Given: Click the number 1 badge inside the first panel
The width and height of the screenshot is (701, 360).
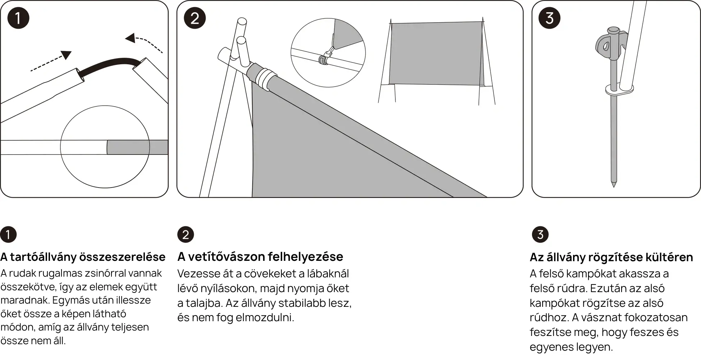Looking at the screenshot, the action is (18, 18).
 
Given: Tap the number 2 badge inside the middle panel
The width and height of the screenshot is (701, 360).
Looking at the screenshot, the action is (194, 18).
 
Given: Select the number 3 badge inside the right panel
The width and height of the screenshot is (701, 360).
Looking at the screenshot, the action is (549, 18).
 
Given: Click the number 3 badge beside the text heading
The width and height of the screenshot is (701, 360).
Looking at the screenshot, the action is (540, 235).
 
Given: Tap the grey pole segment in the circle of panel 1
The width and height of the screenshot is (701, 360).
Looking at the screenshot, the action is (137, 147).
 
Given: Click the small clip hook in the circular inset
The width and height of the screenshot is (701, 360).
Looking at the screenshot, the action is (326, 57).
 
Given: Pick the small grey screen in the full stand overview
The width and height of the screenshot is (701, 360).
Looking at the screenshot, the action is (436, 54).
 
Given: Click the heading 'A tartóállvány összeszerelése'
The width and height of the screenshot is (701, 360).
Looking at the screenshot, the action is (83, 257).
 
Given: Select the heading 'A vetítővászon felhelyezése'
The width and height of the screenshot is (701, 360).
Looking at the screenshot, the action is (260, 257).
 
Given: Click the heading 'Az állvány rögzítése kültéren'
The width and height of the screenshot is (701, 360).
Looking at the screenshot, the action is (611, 257).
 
